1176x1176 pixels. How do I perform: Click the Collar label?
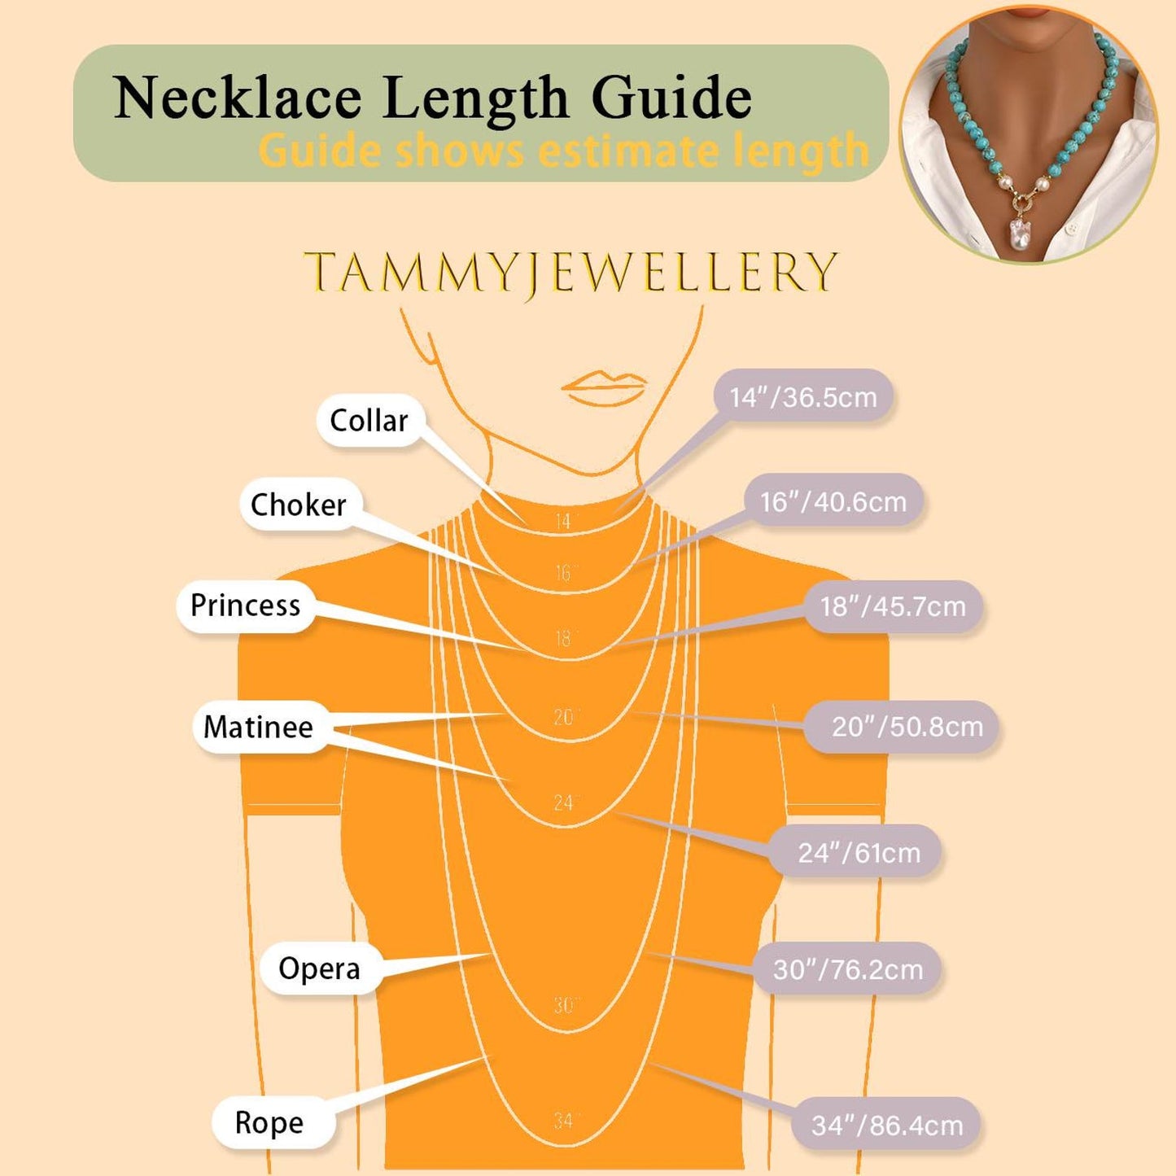[369, 421]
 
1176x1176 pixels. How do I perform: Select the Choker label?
[299, 505]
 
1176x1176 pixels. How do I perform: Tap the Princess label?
[245, 605]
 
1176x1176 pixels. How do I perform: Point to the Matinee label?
[258, 727]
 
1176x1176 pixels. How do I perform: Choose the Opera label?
[319, 968]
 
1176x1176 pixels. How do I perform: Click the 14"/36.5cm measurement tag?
[803, 397]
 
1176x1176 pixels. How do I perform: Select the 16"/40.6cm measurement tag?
[833, 502]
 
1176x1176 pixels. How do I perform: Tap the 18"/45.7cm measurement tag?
[893, 607]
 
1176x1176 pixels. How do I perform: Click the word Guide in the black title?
[671, 98]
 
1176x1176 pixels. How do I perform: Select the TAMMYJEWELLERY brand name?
[570, 272]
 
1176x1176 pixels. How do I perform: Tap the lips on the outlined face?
[603, 387]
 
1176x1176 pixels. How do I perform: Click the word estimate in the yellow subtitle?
[628, 151]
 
